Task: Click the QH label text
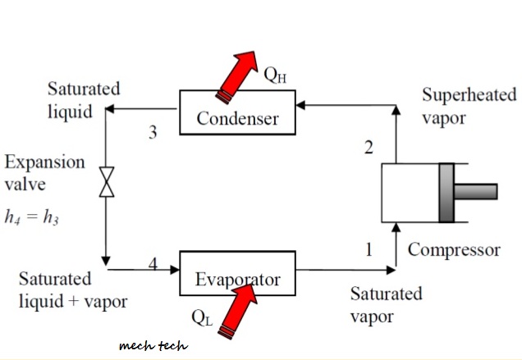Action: tap(275, 75)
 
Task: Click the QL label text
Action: tap(202, 317)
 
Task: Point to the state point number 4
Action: tap(153, 264)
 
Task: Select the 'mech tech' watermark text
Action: tap(153, 346)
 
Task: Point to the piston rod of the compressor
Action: tap(475, 192)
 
